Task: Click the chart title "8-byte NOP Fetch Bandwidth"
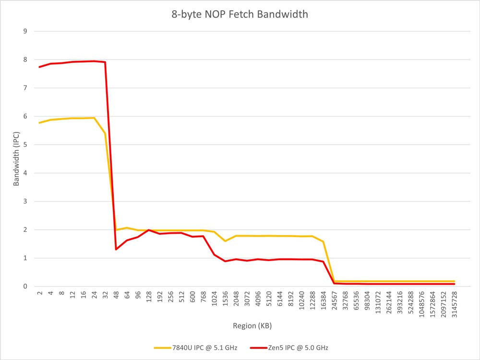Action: point(240,14)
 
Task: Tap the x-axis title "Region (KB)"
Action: point(252,326)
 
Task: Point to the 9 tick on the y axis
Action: point(25,31)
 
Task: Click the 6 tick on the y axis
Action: point(25,116)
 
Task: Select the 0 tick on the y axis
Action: point(25,286)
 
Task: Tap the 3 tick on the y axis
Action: point(25,201)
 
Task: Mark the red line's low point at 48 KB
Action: point(116,249)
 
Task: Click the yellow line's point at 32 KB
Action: point(105,133)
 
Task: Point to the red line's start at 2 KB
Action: point(39,67)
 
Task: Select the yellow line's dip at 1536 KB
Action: point(225,241)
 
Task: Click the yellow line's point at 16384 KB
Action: point(323,241)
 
